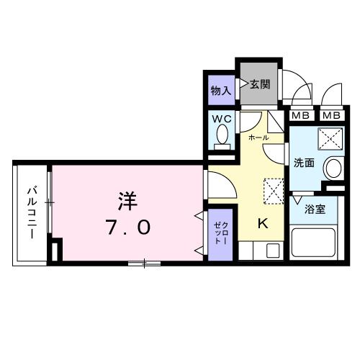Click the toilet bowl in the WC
(x=222, y=135)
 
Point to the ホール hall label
(x=258, y=137)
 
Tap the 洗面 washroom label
(x=304, y=163)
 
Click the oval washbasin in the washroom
(x=333, y=168)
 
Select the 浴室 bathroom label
(x=315, y=210)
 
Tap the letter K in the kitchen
(x=263, y=224)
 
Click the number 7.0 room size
(x=130, y=228)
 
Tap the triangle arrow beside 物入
(x=233, y=91)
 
